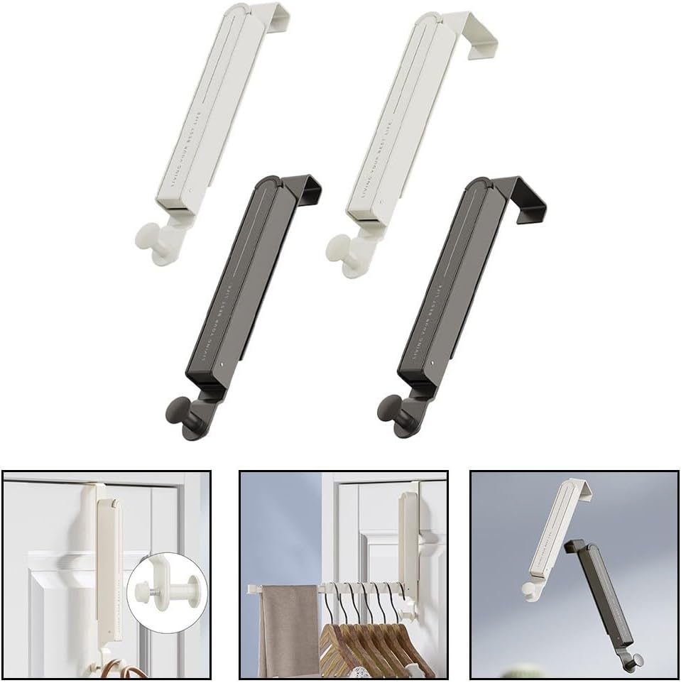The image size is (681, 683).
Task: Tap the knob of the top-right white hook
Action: tap(339, 248)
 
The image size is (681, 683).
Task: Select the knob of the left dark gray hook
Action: tap(176, 410)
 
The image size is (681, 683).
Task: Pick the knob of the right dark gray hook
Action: tap(387, 409)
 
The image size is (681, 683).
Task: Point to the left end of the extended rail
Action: tap(253, 589)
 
